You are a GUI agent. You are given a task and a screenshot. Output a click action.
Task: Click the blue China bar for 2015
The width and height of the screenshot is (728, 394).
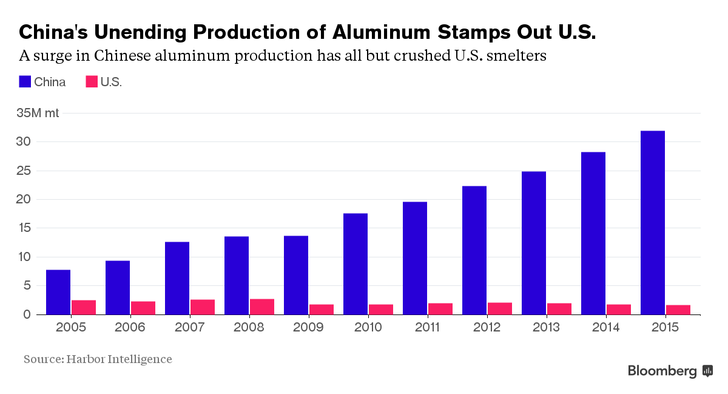652,223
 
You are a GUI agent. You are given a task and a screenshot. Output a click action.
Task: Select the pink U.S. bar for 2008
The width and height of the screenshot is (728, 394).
261,307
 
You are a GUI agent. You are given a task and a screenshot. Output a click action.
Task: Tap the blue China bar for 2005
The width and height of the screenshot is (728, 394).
58,292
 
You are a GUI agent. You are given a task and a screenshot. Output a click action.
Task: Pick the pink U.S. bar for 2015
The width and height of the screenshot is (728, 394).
678,310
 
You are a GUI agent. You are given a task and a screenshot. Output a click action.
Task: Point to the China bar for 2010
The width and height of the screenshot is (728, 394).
355,264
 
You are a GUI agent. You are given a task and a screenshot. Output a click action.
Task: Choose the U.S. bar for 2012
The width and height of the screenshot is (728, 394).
499,308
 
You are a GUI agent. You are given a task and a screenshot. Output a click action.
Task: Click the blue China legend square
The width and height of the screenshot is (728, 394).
25,82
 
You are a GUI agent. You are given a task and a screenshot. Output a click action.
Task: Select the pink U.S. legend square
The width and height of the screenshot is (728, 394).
92,82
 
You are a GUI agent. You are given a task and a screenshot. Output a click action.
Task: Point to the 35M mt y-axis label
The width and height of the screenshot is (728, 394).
38,113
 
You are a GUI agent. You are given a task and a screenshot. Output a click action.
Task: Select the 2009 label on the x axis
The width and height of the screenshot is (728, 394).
309,328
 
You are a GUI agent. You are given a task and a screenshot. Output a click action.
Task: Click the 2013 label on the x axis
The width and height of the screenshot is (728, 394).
547,328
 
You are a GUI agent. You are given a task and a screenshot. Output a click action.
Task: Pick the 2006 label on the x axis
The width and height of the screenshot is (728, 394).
130,328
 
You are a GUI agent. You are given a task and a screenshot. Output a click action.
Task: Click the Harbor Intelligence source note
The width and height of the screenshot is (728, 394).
98,359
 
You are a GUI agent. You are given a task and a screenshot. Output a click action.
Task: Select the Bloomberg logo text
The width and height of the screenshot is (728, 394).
662,371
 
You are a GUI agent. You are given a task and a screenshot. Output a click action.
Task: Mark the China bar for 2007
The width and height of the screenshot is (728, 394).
177,278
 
